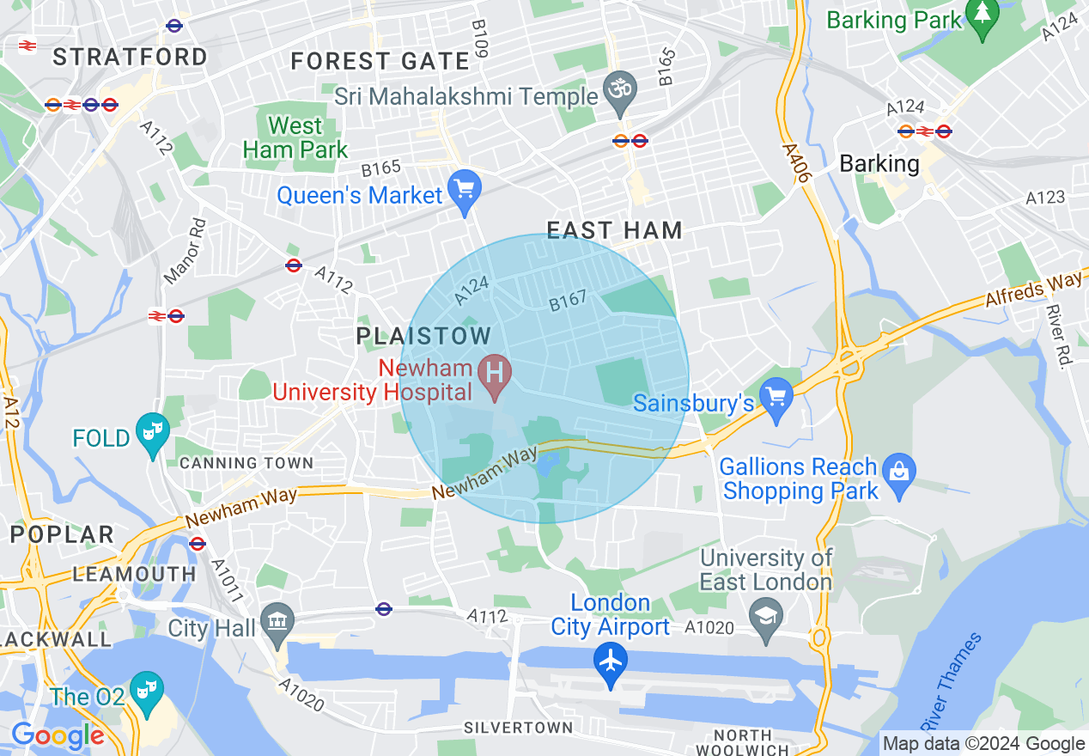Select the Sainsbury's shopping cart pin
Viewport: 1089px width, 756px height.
(x=777, y=398)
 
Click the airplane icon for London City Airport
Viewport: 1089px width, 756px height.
(x=611, y=663)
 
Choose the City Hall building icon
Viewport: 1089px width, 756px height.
(x=277, y=624)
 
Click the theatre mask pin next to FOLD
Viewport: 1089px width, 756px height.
(x=153, y=433)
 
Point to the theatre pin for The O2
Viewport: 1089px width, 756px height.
(x=147, y=692)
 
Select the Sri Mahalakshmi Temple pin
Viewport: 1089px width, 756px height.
(x=618, y=92)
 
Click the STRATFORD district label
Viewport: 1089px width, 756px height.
(x=131, y=58)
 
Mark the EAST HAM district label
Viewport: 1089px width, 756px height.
(x=615, y=230)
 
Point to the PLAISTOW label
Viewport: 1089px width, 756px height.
(x=424, y=336)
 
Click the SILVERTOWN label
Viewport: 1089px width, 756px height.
(x=518, y=728)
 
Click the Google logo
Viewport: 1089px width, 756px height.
(x=58, y=736)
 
